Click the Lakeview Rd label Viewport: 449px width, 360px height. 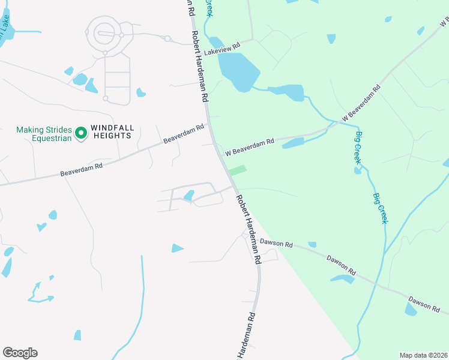coord(222,49)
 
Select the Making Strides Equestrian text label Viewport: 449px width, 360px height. coord(44,133)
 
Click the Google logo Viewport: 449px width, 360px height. coord(20,353)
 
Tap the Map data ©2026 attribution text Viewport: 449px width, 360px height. coord(423,355)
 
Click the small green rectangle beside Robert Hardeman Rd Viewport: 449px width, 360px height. coord(238,170)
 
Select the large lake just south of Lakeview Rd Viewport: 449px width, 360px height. coord(239,70)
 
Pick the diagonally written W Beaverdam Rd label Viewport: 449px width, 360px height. coord(361,103)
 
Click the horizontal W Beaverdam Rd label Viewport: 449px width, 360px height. coord(250,148)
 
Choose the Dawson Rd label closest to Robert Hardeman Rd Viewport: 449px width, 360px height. coord(277,244)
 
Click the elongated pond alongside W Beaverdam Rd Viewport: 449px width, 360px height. coord(293,143)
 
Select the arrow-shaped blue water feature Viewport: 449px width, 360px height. coord(41,292)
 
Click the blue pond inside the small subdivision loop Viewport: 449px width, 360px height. coord(189,195)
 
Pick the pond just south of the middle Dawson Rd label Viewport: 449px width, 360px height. coord(343,278)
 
